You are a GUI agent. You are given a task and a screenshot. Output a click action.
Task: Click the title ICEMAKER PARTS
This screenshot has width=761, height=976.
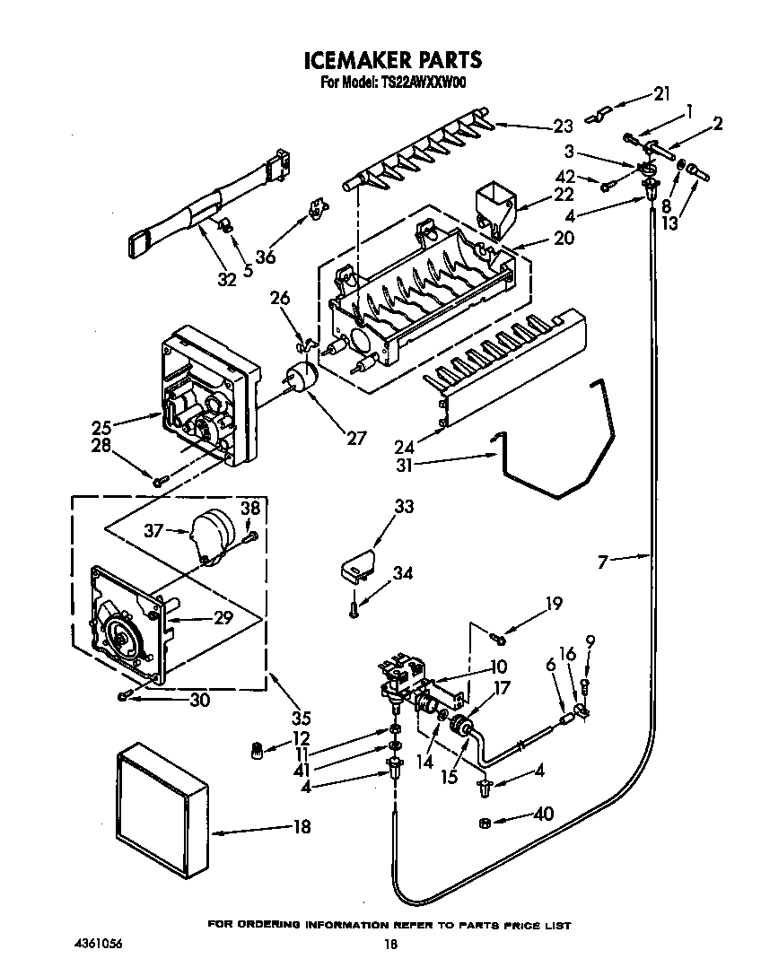392,60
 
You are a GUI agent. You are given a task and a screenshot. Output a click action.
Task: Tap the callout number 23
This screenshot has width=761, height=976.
563,126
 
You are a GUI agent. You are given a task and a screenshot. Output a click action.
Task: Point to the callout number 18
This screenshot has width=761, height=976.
302,827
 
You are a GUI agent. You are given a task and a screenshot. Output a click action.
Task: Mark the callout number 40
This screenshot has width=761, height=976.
543,815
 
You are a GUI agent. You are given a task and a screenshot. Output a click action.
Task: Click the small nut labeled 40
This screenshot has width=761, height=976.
484,822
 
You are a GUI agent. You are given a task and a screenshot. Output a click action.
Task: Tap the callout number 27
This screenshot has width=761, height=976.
356,439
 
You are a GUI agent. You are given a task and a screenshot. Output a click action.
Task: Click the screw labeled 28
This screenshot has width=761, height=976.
158,482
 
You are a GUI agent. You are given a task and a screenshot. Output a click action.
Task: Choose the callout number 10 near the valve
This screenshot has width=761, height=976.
499,667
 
